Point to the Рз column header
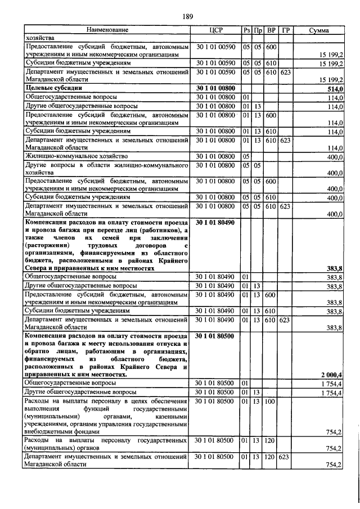[246, 30]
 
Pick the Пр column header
[258, 30]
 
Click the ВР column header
[271, 30]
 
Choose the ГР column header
[286, 30]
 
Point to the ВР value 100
[271, 402]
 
